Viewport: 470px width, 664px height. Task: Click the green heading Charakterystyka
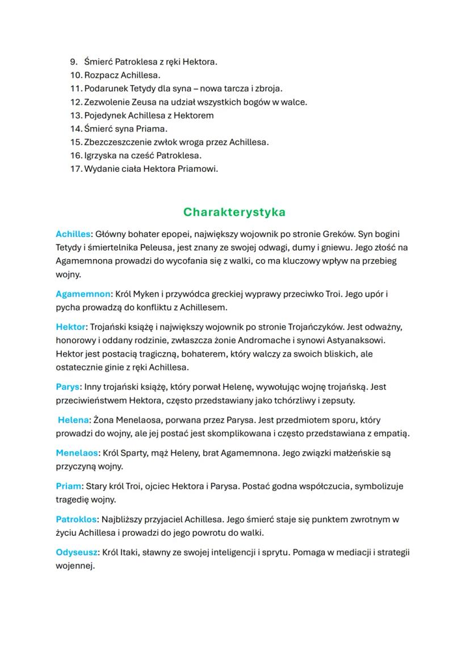click(234, 212)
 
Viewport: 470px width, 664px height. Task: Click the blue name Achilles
click(73, 233)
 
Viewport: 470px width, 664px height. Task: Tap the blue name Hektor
click(70, 327)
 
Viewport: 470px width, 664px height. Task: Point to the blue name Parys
click(68, 387)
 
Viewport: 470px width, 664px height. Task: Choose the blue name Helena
click(73, 420)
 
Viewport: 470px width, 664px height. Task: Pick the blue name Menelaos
click(77, 453)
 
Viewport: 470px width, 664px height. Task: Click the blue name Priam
click(69, 486)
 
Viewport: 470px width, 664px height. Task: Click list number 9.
click(73, 61)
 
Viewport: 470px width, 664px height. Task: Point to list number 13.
click(76, 115)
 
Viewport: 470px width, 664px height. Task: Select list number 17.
click(76, 169)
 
